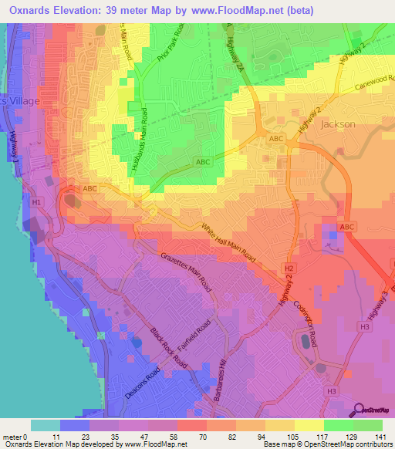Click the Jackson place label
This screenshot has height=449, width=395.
[338, 123]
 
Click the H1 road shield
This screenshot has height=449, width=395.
[37, 202]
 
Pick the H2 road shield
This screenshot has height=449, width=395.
[289, 268]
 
